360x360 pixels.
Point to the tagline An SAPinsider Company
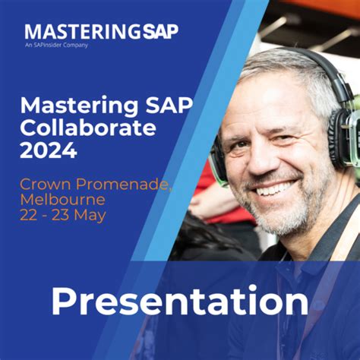(x=56, y=45)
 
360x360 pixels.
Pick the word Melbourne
(x=62, y=199)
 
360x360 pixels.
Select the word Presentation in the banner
(x=179, y=302)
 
